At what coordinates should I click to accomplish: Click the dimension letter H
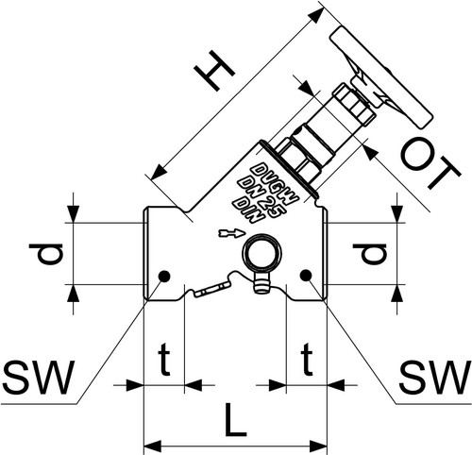(214, 71)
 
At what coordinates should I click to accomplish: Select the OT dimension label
(430, 165)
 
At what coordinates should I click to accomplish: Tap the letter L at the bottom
(235, 420)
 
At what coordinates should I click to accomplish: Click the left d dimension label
(46, 254)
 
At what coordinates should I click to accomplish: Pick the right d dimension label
(369, 254)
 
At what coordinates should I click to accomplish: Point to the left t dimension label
(164, 360)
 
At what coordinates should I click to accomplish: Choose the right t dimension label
(307, 360)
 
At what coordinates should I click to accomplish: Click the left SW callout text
(39, 378)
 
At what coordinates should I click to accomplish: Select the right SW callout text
(434, 378)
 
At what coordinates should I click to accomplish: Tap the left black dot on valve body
(164, 277)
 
